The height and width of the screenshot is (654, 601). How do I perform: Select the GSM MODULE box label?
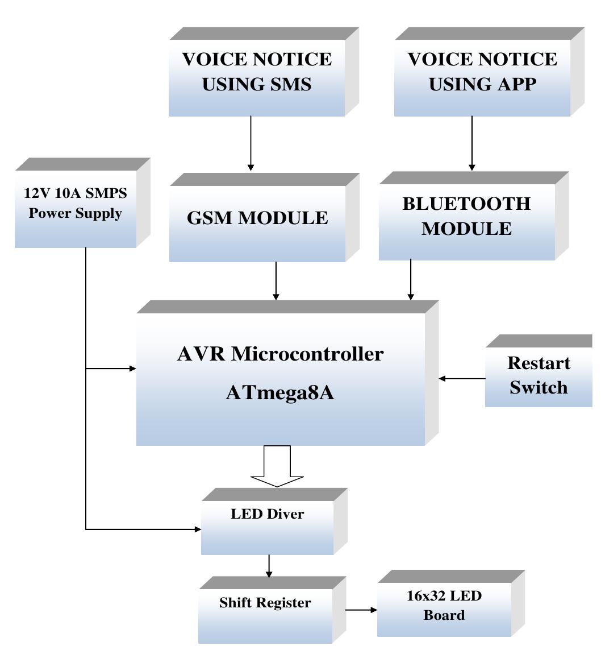click(257, 217)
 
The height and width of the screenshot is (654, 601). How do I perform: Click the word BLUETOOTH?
click(466, 204)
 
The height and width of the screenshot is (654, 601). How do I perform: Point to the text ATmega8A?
click(279, 392)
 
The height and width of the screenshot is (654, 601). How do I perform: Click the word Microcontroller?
click(307, 354)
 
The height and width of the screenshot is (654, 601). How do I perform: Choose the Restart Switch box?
click(538, 375)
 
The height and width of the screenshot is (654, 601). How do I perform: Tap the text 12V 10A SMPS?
click(76, 193)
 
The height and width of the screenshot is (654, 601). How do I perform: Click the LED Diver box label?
click(267, 514)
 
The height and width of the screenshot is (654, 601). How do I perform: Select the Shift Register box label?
click(265, 603)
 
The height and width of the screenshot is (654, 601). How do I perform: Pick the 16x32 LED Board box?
click(444, 605)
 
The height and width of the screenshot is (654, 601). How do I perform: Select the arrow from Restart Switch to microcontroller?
click(462, 378)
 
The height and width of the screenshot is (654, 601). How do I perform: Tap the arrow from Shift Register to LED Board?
click(361, 610)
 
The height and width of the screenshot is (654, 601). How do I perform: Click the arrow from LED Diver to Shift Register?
click(269, 565)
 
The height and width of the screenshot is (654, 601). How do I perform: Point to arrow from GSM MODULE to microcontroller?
click(276, 281)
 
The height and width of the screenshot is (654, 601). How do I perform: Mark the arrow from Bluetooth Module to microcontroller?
click(411, 280)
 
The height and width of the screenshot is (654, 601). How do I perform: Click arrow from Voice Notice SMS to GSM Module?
click(251, 143)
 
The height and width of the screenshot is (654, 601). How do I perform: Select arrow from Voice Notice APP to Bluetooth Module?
click(471, 143)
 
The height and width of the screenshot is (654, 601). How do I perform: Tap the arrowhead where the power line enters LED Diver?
click(198, 529)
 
